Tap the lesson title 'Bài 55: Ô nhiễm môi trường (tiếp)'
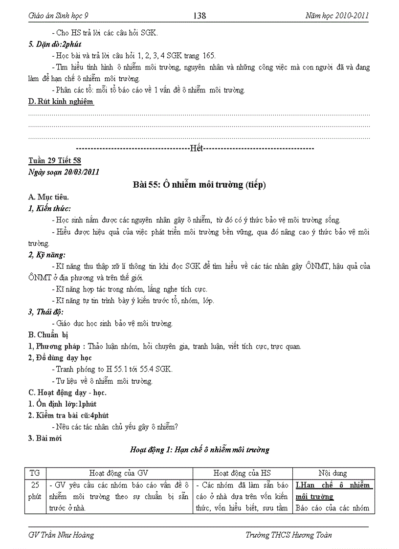tap(199, 185)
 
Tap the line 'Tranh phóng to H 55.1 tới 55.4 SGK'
tap(113, 369)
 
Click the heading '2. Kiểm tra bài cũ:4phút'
tap(68, 415)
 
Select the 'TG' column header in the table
tap(35, 473)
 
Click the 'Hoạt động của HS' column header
tap(242, 473)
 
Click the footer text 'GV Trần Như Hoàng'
tap(61, 535)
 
